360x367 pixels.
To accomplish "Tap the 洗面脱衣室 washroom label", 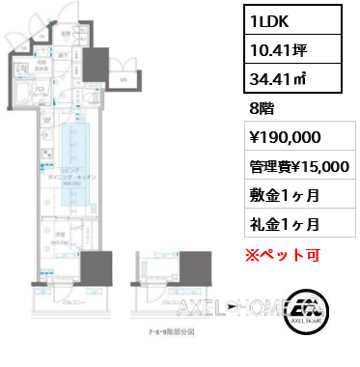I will (43, 67).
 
